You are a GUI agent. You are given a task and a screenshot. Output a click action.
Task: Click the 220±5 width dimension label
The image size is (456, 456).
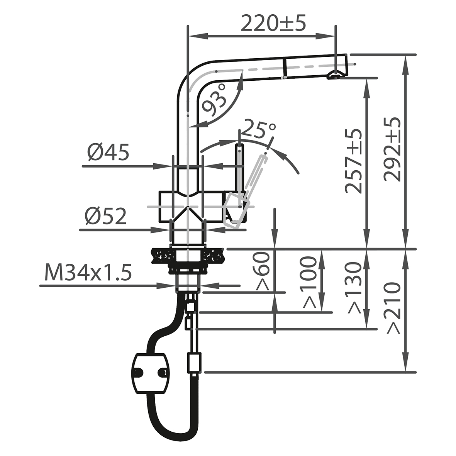click(x=273, y=24)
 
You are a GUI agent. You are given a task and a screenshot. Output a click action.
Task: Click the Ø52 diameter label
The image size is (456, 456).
click(x=106, y=217)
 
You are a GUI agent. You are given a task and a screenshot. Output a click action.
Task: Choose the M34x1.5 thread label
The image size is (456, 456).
click(x=88, y=273)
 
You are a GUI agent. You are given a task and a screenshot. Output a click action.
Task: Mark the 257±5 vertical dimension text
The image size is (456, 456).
click(x=353, y=161)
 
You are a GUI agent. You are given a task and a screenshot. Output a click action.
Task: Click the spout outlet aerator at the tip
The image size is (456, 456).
click(x=334, y=75)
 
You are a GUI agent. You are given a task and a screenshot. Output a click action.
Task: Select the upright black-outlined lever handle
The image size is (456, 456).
click(x=239, y=170)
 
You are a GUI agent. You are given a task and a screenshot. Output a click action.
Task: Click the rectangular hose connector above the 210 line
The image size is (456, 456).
click(x=193, y=362)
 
